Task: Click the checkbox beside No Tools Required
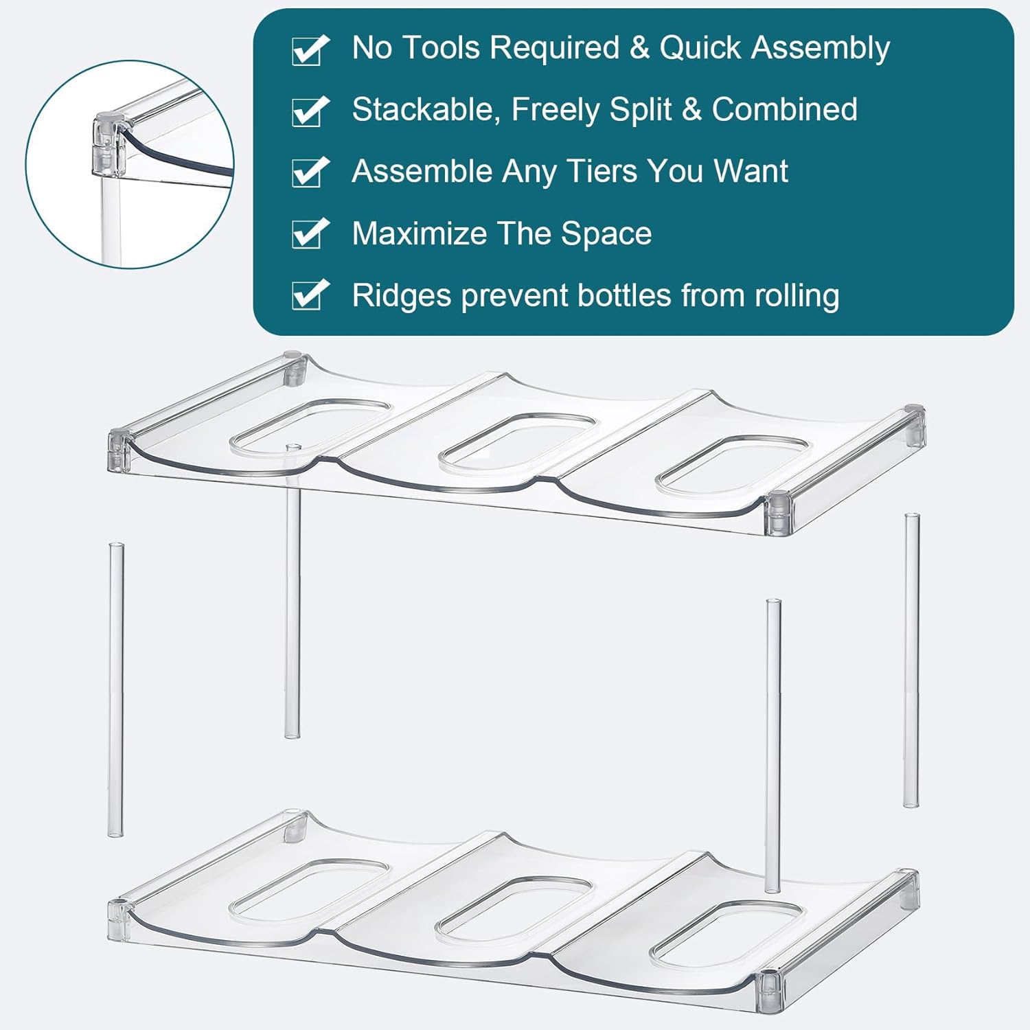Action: [310, 49]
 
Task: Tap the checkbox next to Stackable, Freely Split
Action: [310, 111]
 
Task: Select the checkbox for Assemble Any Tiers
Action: [310, 172]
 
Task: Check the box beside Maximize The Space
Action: [310, 234]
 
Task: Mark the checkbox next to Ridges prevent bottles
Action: [310, 295]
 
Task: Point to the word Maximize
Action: [418, 233]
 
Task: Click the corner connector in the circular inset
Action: [107, 144]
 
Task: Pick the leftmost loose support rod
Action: [116, 689]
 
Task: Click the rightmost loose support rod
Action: [911, 660]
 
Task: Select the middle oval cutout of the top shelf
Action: [518, 442]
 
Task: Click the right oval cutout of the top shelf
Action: [733, 466]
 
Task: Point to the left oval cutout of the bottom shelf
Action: [310, 890]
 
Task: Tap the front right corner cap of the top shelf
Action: [779, 514]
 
